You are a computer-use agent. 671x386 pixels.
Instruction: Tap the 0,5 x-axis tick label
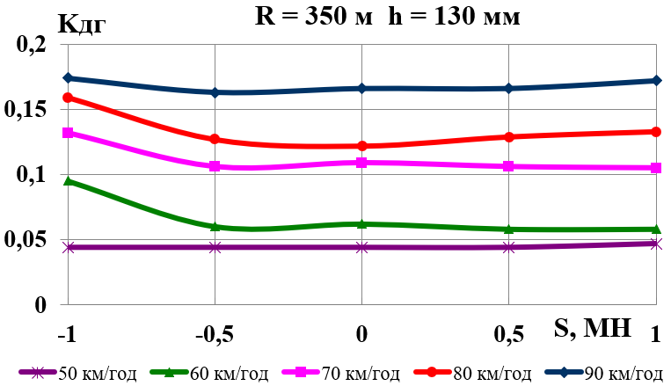[509, 335]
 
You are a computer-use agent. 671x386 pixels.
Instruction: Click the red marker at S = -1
[67, 98]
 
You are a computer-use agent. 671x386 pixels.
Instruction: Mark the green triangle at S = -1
[67, 181]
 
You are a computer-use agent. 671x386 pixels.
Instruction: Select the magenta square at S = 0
[361, 163]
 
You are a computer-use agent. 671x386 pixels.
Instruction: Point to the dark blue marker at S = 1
[655, 81]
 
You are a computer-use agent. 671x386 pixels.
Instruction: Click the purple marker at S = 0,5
[508, 247]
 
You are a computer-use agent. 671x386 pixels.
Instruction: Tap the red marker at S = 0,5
[508, 136]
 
